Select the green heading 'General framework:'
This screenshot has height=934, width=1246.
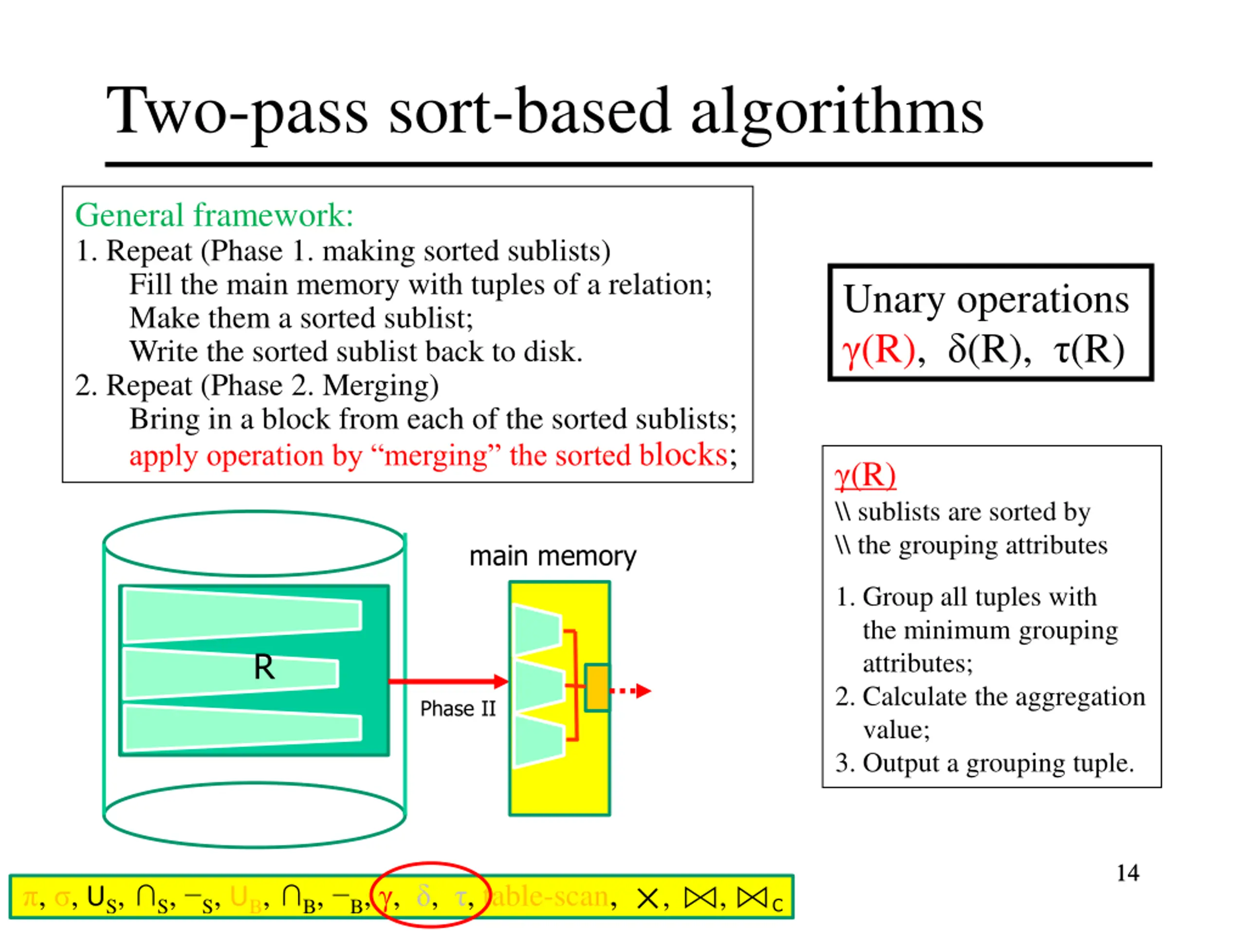click(x=214, y=215)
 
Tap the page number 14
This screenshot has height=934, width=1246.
click(x=1128, y=873)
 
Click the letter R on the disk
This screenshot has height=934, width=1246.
click(x=264, y=668)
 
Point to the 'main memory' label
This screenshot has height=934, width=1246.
click(x=552, y=556)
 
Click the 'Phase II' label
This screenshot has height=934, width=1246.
click(x=458, y=709)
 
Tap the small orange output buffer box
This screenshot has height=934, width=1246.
click(x=597, y=688)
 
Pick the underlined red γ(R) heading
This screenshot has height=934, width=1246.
click(x=864, y=476)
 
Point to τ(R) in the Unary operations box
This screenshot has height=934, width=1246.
click(x=1088, y=350)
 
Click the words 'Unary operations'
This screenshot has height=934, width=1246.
click(x=986, y=300)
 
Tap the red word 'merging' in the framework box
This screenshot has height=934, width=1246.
click(x=436, y=456)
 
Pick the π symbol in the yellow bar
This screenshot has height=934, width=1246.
click(x=29, y=898)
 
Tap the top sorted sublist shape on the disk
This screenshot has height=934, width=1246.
click(x=242, y=615)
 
